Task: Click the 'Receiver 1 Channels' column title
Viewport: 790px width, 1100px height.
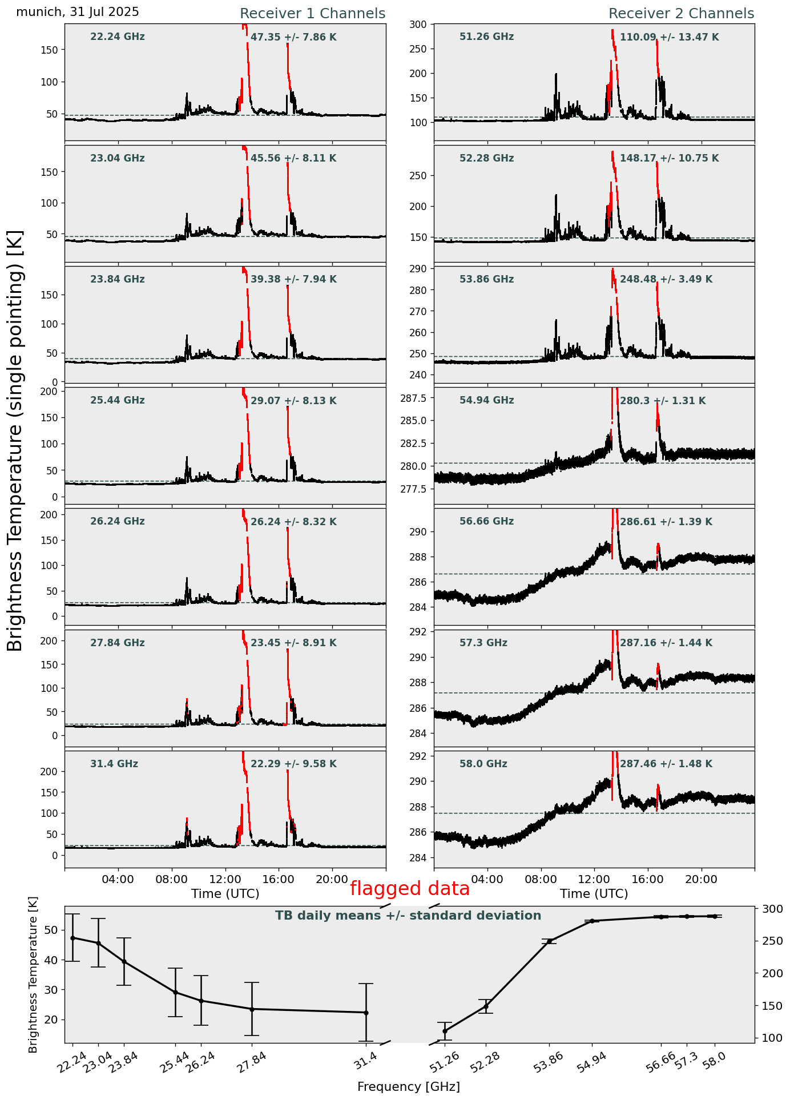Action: click(x=312, y=14)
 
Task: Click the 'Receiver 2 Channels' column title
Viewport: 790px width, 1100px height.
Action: click(x=681, y=14)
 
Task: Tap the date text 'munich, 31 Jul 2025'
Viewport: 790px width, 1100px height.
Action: click(x=78, y=12)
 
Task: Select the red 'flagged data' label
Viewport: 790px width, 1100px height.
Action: click(x=409, y=888)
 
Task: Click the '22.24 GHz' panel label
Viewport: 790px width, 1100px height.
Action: click(x=118, y=37)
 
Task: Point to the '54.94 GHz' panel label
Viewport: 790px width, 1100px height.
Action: click(x=486, y=401)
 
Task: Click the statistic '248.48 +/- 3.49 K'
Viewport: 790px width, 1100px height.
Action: click(x=666, y=280)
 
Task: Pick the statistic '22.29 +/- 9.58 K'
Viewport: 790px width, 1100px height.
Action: click(x=293, y=764)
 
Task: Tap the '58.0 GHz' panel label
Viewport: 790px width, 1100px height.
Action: click(x=483, y=764)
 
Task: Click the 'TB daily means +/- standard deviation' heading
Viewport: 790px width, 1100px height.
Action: click(x=408, y=916)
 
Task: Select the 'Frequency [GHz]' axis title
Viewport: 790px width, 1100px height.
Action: click(x=408, y=1086)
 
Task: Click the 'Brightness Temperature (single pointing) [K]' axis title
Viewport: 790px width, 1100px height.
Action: click(x=15, y=441)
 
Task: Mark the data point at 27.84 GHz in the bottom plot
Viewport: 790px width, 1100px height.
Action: click(x=252, y=1009)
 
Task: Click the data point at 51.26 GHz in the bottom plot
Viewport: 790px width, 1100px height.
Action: click(x=445, y=1031)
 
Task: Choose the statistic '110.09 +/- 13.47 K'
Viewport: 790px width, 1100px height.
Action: click(x=670, y=38)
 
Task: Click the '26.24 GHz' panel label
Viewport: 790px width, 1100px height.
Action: click(x=118, y=522)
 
